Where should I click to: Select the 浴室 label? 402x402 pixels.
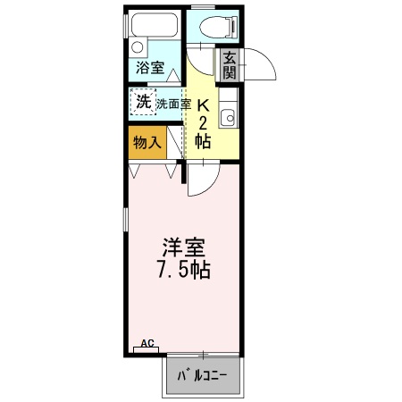(148, 68)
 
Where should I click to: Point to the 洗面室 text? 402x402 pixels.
(173, 103)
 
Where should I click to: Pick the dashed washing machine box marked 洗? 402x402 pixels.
(143, 102)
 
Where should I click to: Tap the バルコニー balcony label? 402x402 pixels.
(203, 373)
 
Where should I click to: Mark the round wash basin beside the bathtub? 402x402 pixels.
(137, 47)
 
